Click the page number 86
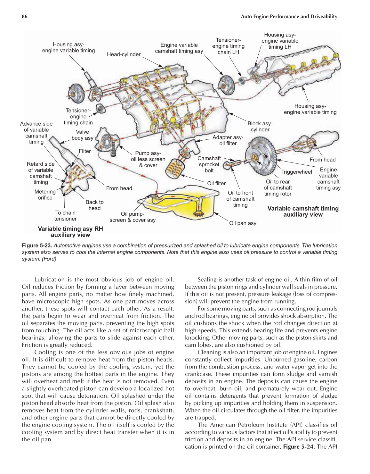(24, 16)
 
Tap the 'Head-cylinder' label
(124, 54)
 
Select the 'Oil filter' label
(216, 183)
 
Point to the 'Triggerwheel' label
(296, 172)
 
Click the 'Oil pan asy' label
(243, 223)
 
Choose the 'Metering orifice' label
(45, 195)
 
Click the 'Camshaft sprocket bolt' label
(209, 164)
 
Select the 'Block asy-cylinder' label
(260, 127)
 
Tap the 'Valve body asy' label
(82, 135)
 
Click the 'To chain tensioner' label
(65, 216)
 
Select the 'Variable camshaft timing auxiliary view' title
(303, 212)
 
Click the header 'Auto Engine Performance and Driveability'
(289, 16)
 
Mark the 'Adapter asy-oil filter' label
(228, 140)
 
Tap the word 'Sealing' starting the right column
(208, 279)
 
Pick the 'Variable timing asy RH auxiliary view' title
(70, 232)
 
